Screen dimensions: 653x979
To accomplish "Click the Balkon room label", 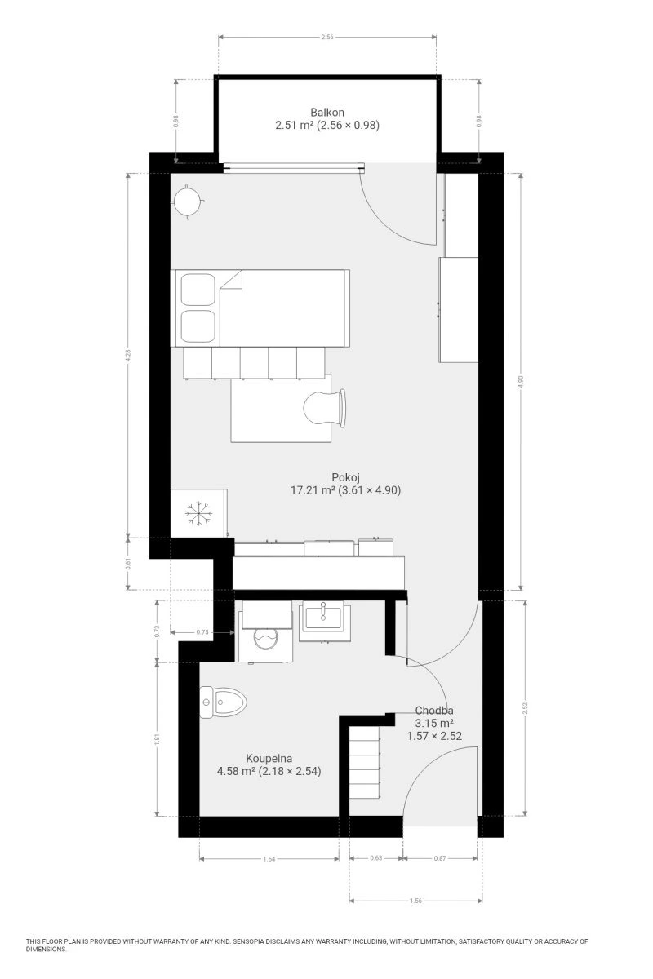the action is tap(326, 113).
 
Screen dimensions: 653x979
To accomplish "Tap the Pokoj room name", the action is tap(345, 477).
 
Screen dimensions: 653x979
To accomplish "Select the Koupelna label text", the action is tap(269, 758).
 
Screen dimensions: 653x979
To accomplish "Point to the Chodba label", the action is tap(434, 711).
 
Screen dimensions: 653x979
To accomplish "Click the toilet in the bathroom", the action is tap(223, 702).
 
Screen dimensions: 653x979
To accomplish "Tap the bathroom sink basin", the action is tap(324, 618).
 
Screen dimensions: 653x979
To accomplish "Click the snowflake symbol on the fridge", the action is tap(199, 513).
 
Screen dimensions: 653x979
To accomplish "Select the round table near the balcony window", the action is tap(187, 202).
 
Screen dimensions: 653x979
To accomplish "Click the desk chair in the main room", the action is tap(324, 407).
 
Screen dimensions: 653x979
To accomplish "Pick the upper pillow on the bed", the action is tap(198, 290).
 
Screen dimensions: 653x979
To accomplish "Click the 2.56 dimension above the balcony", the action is tap(327, 38).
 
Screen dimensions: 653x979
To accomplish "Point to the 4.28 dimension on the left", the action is tap(128, 353).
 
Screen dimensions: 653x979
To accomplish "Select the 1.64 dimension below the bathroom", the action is tap(269, 859).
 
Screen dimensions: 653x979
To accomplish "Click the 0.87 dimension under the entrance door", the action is tap(440, 858).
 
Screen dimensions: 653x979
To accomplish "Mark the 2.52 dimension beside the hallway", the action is tap(526, 708).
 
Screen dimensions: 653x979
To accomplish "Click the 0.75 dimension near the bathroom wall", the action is tap(202, 632).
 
